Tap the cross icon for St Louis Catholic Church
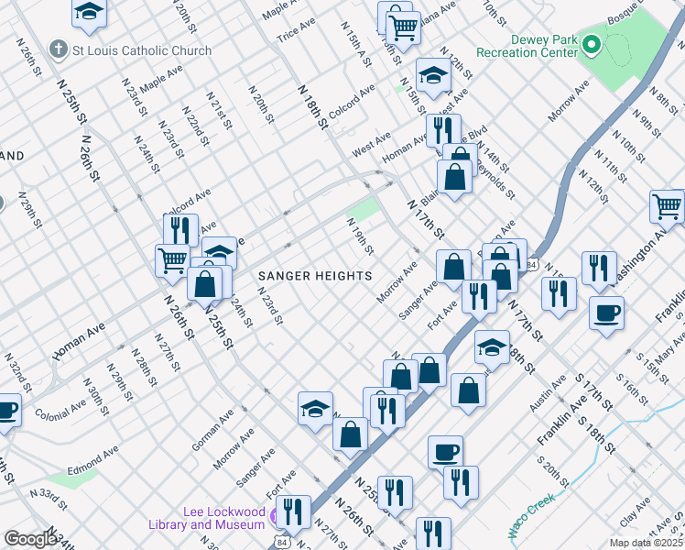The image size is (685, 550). coord(59,49)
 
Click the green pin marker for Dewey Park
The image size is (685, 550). coord(593,43)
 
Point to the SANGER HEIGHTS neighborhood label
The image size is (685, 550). coord(315,275)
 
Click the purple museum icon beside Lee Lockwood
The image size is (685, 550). coord(273,523)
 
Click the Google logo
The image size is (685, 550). coord(30,539)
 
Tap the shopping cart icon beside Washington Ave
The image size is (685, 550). coord(667,206)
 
